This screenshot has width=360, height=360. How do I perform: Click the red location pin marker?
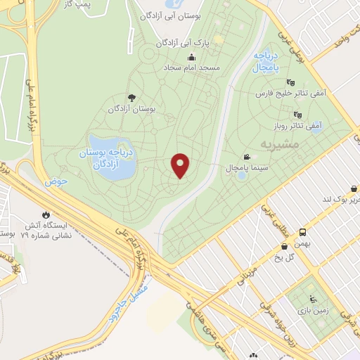181,165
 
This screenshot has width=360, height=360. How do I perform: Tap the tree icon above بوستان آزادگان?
130,98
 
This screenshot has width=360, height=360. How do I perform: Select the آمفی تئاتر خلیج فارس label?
286,92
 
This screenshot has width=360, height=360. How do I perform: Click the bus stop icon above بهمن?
302,231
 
